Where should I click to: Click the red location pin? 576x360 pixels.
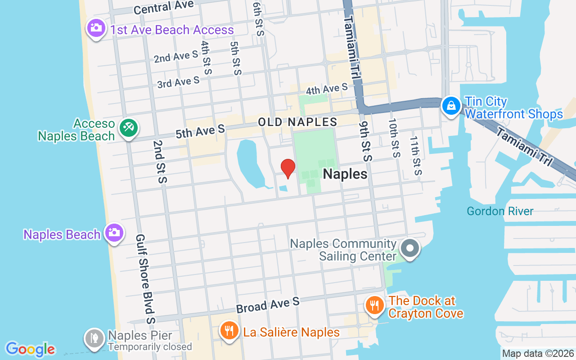(288, 168)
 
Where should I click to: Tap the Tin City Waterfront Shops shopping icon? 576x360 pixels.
(450, 106)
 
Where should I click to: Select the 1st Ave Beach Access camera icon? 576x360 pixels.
(95, 28)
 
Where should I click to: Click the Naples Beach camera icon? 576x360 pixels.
(114, 233)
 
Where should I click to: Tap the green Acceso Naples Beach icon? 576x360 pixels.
(128, 128)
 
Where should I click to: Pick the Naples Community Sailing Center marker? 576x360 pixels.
(409, 249)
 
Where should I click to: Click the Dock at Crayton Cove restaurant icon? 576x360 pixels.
(374, 306)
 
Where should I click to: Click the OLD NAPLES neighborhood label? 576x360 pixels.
(297, 122)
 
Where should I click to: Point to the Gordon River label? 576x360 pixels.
(500, 211)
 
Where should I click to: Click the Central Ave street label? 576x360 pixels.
(164, 7)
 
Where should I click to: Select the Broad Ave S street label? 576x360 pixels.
(268, 305)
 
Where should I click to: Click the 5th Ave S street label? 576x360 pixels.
(200, 131)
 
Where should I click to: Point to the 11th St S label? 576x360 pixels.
(416, 155)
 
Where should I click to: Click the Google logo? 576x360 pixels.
(31, 349)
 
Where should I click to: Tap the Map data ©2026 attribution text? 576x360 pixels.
(538, 354)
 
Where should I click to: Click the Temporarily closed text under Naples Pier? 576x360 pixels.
(150, 347)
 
